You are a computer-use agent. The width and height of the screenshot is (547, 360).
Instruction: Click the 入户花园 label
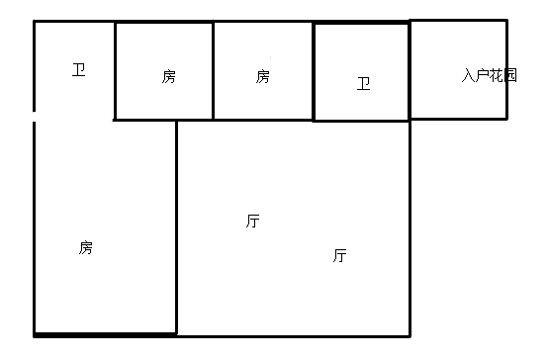click(x=489, y=75)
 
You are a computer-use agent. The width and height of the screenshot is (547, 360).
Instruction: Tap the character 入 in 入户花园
click(x=468, y=75)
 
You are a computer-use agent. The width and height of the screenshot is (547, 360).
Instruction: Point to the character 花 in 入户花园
click(x=497, y=75)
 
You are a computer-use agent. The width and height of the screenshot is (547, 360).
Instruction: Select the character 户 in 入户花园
click(x=483, y=75)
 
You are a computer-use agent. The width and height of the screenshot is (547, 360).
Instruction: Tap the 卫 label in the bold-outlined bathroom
click(x=363, y=84)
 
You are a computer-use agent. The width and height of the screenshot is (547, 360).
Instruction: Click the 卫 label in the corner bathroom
click(x=79, y=70)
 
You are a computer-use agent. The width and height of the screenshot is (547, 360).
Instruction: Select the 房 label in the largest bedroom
click(x=86, y=247)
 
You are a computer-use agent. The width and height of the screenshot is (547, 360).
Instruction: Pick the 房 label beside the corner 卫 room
click(x=169, y=76)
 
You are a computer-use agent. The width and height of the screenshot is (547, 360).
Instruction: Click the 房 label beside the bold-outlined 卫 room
click(x=262, y=76)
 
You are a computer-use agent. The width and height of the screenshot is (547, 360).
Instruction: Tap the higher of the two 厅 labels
click(x=253, y=221)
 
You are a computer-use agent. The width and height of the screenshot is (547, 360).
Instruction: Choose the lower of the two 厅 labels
click(x=339, y=255)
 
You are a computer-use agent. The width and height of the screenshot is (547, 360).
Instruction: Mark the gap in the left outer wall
click(x=35, y=116)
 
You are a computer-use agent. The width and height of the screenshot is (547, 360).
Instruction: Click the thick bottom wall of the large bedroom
click(x=105, y=333)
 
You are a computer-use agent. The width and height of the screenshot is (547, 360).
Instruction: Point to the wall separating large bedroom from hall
click(x=176, y=227)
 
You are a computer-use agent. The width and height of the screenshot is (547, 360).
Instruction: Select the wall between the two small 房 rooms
click(x=214, y=71)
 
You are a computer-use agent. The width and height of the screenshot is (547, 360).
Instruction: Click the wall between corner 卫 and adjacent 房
click(x=115, y=71)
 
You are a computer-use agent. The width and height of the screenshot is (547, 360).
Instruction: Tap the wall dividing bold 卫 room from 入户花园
click(x=409, y=71)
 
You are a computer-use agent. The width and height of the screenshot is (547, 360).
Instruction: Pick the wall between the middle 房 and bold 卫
click(x=314, y=71)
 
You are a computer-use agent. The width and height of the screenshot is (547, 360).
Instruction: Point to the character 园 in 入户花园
click(x=510, y=75)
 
